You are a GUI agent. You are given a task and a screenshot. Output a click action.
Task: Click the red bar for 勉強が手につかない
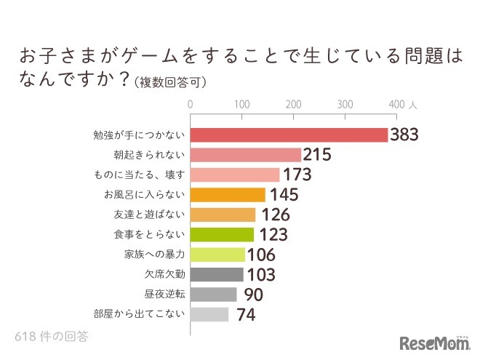(289, 135)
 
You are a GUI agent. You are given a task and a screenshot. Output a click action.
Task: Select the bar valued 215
(246, 155)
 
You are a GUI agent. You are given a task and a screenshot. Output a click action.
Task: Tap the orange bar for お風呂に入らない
(228, 195)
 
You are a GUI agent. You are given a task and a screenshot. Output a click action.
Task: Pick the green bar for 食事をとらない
(222, 235)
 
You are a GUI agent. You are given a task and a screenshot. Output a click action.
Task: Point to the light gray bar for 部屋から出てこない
(209, 315)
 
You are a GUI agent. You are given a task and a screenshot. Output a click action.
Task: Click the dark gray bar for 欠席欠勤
(217, 275)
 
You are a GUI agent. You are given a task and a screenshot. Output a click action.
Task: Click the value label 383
(406, 135)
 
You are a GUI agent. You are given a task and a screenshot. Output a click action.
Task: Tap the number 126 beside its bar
(275, 215)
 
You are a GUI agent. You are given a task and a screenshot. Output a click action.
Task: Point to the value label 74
(244, 315)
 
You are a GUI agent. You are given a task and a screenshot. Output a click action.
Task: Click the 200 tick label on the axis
(294, 105)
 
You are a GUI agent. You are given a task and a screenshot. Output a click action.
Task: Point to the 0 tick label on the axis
(191, 105)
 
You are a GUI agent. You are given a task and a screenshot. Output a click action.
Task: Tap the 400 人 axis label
(403, 105)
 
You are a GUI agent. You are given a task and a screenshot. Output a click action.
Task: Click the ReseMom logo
(434, 343)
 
